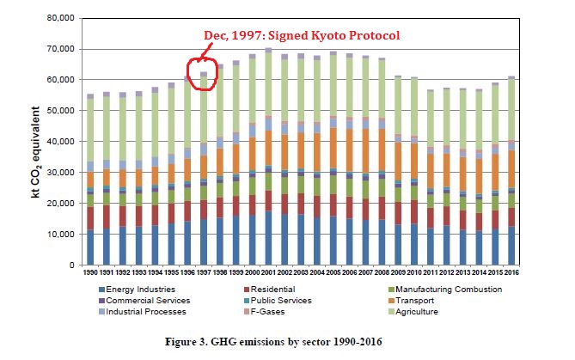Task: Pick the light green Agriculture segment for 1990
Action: click(x=90, y=129)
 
